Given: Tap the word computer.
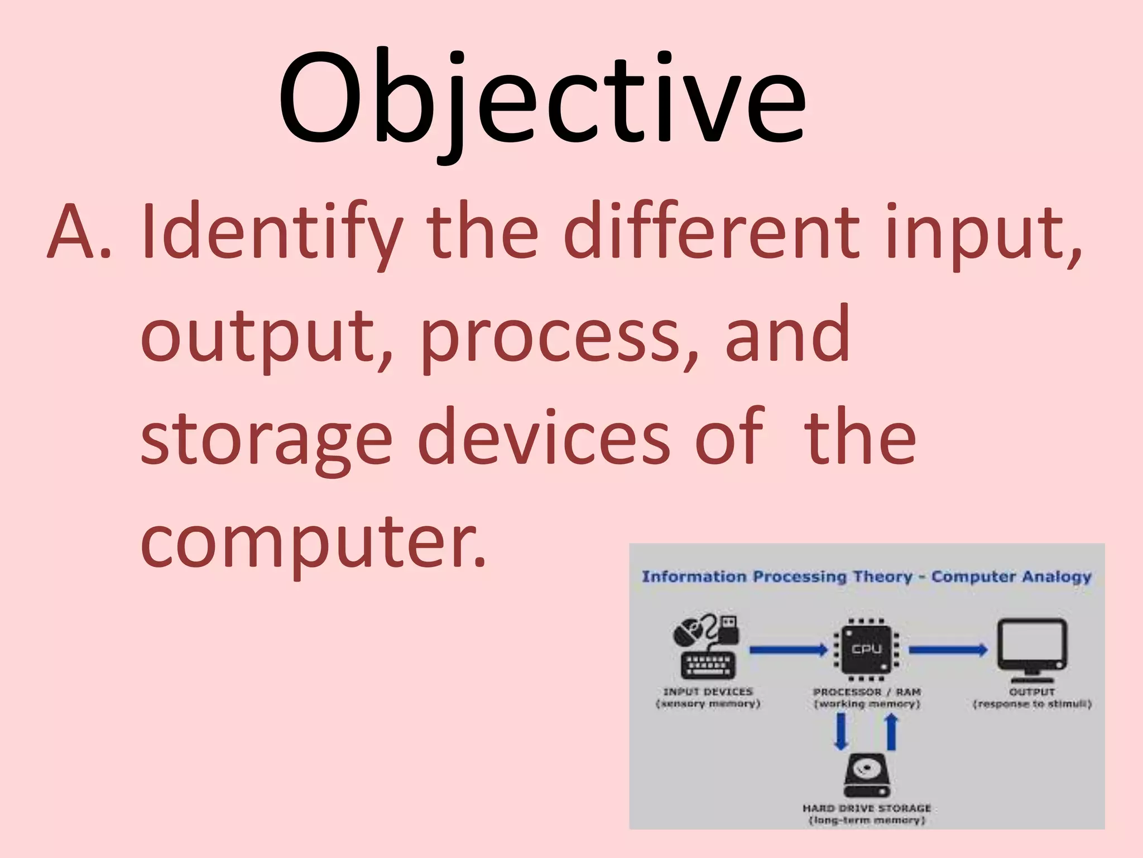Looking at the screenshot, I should click(313, 542).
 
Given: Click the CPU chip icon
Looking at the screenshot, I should click(866, 650).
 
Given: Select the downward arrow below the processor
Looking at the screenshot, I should click(841, 732).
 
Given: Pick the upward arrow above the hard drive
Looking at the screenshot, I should click(891, 732).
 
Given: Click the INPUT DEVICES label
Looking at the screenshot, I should click(708, 692).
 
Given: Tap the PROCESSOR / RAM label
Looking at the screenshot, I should click(867, 692).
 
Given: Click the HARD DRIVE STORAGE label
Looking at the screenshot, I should click(867, 808).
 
